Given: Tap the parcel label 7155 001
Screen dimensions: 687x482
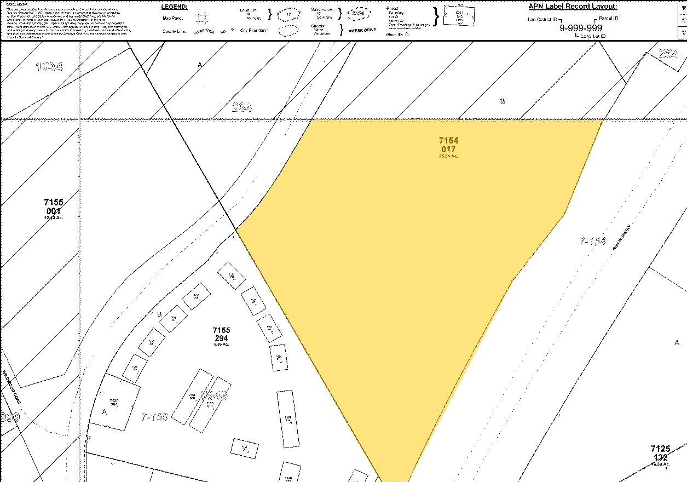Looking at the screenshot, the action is tap(54, 207).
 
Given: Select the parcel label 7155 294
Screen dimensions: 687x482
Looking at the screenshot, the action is tap(221, 334).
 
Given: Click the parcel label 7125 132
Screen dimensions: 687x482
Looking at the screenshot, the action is tap(660, 453).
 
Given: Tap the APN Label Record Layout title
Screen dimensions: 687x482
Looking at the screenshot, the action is tap(573, 6).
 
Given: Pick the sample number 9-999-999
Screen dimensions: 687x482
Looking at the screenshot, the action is tap(580, 28).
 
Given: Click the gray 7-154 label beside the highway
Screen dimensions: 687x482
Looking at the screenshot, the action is tap(593, 240).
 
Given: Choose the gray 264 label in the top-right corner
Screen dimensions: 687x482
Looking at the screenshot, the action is tap(669, 54).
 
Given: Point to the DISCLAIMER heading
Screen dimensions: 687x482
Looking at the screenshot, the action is tap(17, 4).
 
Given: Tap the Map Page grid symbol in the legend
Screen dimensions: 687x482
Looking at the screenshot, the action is tap(202, 18).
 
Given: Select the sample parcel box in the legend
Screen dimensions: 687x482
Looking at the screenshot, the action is tap(459, 17).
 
